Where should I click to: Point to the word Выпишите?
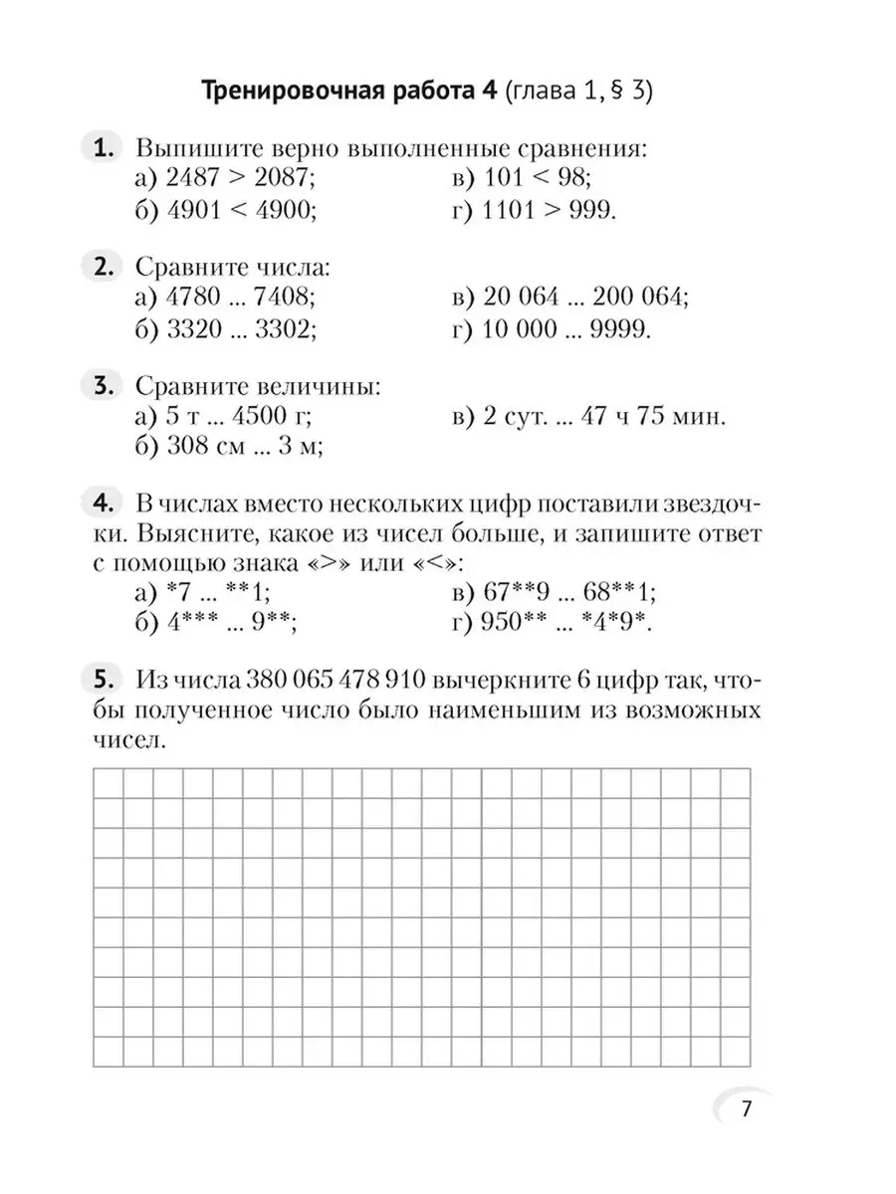(x=190, y=149)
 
